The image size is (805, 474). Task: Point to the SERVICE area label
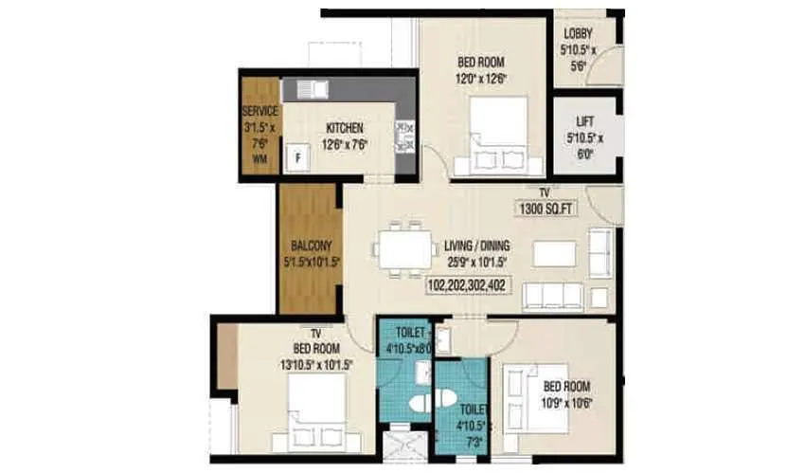click(x=259, y=112)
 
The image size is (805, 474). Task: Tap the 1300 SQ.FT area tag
click(x=551, y=209)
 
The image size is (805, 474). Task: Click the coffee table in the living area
click(x=554, y=254)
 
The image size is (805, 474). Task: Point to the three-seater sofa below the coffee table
click(x=559, y=297)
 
